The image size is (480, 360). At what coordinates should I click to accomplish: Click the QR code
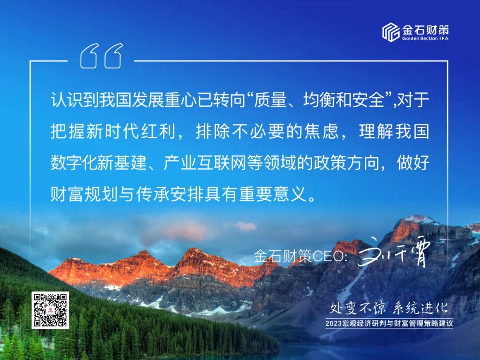50,310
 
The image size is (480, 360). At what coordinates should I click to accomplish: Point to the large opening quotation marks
101,56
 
